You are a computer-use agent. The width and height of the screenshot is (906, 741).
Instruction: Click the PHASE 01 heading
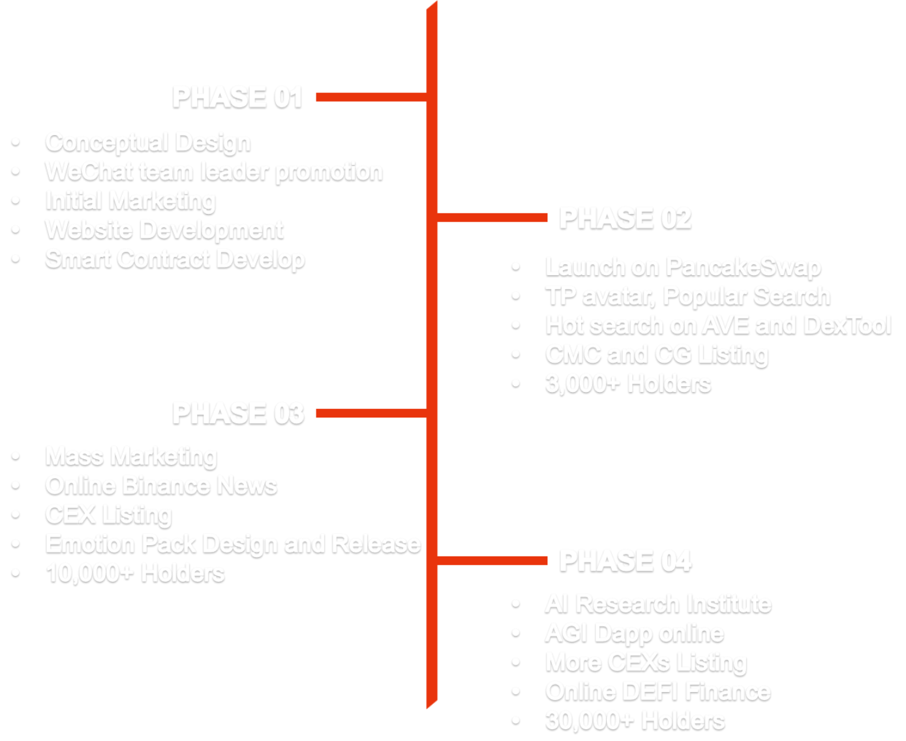[x=237, y=97]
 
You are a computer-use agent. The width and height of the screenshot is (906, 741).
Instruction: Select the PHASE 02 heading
[x=625, y=218]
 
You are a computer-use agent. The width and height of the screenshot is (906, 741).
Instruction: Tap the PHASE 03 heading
[x=238, y=413]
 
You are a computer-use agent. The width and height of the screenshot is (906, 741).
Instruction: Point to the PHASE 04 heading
[x=625, y=560]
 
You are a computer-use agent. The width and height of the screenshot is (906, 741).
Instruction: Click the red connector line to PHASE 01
[x=371, y=97]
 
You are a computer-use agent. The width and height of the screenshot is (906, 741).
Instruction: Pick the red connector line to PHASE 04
[x=492, y=560]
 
